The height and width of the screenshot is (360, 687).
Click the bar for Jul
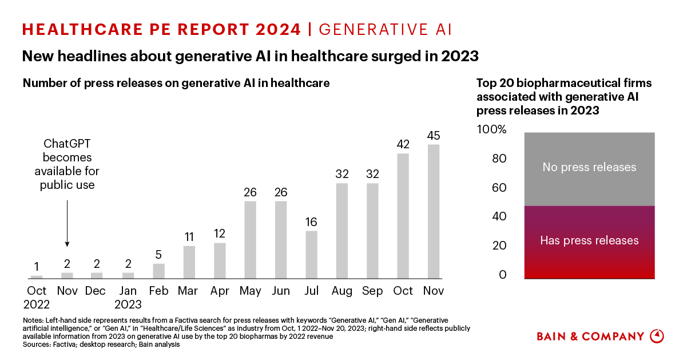click(311, 255)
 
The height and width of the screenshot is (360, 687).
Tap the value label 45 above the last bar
click(434, 136)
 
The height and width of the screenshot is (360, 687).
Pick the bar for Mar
click(189, 262)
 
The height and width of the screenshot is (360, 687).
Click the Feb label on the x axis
click(158, 291)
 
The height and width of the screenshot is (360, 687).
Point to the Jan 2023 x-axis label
click(128, 298)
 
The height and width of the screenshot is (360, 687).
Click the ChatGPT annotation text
click(67, 164)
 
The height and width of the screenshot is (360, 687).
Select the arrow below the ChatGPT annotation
click(67, 223)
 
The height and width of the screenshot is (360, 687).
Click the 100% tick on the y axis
click(492, 130)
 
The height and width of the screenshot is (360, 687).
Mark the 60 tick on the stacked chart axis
click(500, 188)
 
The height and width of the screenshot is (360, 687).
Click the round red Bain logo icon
click(658, 336)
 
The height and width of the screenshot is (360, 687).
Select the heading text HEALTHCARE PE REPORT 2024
click(161, 29)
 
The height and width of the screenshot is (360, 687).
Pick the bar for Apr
click(220, 260)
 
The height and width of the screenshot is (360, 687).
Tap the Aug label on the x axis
click(342, 291)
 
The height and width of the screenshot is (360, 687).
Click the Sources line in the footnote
click(101, 345)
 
